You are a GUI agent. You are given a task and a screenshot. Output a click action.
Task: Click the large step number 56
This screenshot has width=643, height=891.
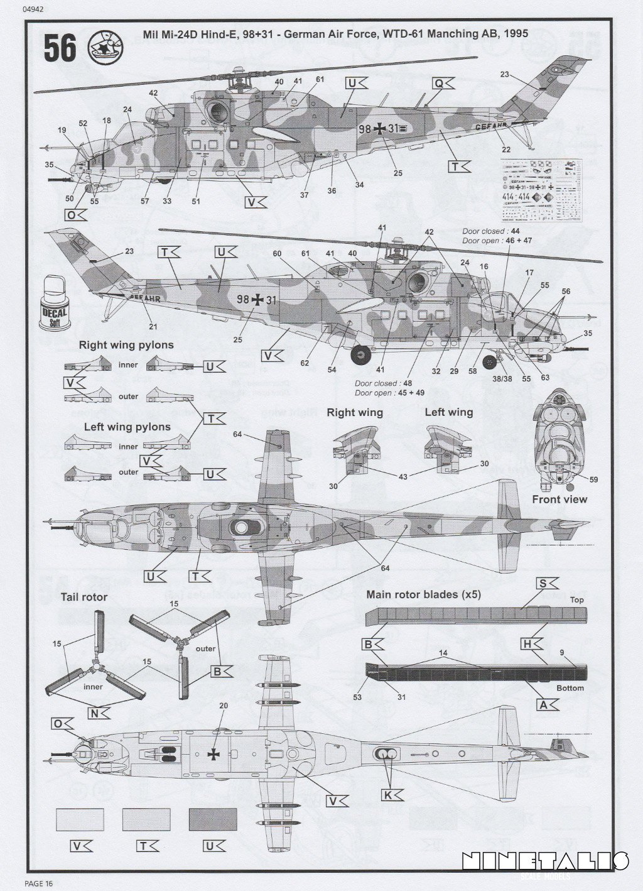pos(60,48)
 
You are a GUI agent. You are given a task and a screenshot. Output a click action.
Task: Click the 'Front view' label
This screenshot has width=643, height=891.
pos(559,499)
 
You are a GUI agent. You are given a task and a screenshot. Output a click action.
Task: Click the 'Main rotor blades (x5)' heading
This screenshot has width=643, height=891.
pos(424,594)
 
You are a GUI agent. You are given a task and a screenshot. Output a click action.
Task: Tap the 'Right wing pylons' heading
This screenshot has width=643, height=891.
pos(126,345)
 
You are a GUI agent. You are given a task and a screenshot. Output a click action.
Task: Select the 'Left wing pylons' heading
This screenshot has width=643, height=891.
pos(127,427)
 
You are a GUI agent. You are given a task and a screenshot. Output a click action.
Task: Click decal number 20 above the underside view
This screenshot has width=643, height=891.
pos(223,706)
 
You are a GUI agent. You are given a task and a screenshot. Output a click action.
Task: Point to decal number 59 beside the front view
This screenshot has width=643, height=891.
pos(594,480)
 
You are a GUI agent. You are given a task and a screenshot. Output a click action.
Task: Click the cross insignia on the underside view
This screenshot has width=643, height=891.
pos(215,755)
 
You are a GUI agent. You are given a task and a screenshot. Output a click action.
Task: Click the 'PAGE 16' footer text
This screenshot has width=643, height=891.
pos(39,883)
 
